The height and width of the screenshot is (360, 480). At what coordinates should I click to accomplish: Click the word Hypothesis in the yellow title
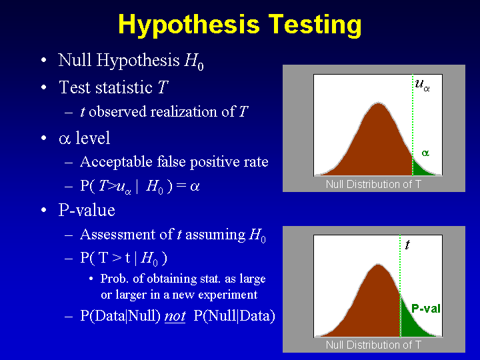189,25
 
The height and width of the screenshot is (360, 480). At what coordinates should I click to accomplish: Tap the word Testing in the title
315,25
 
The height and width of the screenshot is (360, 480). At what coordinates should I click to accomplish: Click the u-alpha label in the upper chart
422,85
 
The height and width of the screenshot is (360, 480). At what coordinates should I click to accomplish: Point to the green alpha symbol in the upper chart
425,153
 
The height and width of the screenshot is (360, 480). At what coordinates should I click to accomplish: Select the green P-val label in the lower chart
426,308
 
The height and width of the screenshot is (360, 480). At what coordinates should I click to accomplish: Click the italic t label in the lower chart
407,245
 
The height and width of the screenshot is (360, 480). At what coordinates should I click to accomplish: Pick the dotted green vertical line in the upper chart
413,125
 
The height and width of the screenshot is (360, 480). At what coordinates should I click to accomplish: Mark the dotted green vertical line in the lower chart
400,286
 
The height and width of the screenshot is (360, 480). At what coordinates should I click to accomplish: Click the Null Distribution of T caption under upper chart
373,184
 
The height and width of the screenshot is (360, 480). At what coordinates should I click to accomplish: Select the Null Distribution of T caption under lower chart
373,345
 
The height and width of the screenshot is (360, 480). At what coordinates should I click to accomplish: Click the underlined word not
175,316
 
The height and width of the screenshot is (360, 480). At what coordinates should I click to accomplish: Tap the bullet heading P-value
87,210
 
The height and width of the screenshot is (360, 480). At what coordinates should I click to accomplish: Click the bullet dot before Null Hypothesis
44,60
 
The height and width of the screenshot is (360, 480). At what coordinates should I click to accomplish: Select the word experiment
228,295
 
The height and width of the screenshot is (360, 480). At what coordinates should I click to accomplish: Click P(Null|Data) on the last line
235,316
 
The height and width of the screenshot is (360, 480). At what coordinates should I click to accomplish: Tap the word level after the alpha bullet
93,138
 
